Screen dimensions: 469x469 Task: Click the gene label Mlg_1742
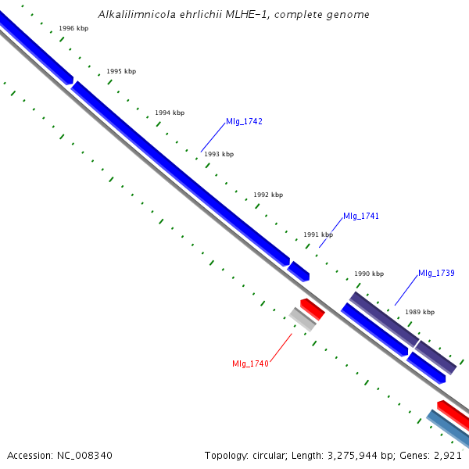point(244,121)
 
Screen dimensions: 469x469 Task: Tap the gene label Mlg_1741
point(361,216)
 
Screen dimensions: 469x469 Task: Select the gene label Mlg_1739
point(436,273)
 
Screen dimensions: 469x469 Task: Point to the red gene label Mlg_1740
point(250,363)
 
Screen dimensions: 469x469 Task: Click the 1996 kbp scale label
point(73,28)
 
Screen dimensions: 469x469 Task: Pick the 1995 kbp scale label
point(121,71)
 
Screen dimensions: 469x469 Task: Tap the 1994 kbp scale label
point(170,113)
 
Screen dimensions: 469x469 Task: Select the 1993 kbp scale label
point(219,154)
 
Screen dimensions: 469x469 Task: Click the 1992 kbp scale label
point(268,195)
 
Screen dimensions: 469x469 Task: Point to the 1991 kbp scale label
point(318,234)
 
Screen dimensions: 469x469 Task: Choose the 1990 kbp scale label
point(369,274)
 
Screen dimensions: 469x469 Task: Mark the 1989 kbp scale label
point(420,312)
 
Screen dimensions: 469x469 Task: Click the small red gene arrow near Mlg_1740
point(312,309)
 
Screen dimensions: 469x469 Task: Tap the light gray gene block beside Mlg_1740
point(302,319)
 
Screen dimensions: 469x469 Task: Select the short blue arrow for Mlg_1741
point(299,271)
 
